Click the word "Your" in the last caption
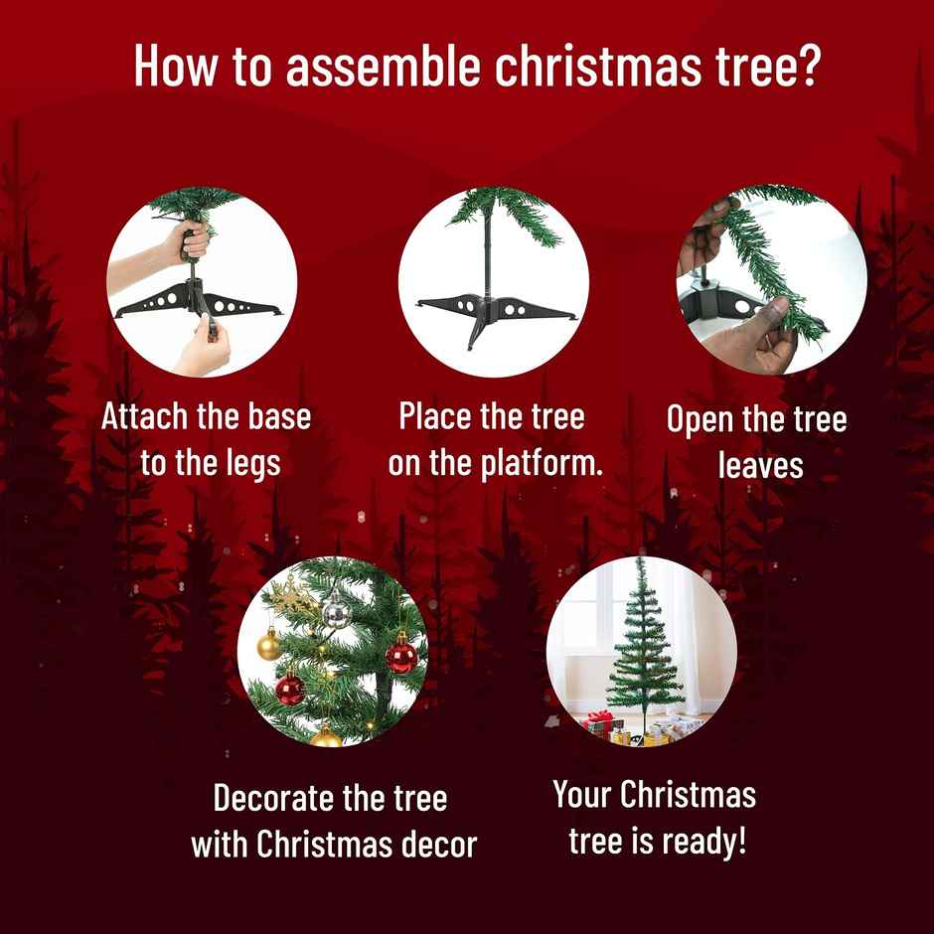(x=582, y=795)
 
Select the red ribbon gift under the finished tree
(x=599, y=722)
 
